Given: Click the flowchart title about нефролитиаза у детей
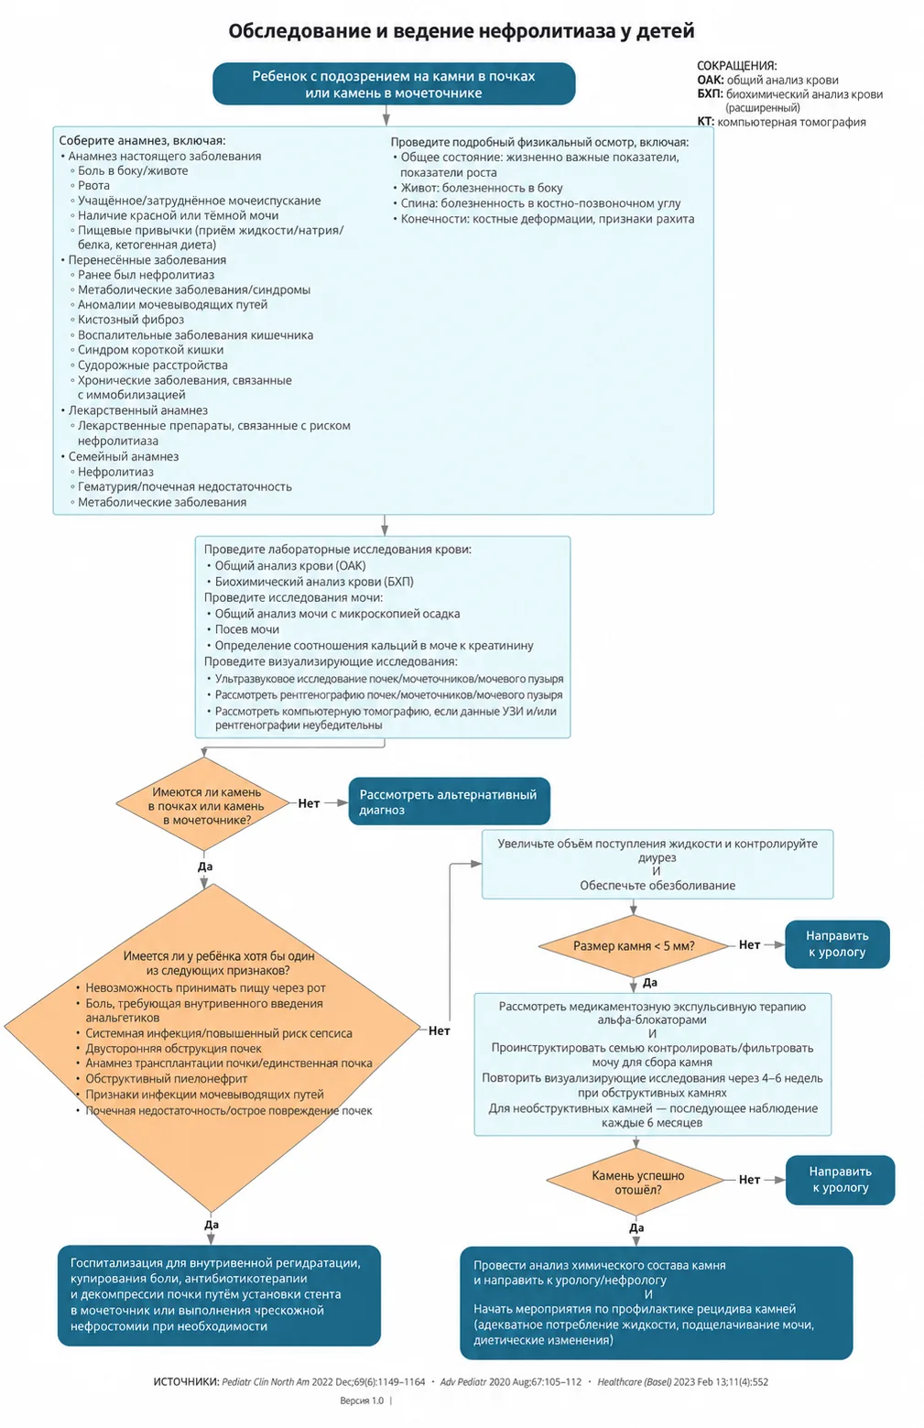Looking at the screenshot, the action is pos(462,30).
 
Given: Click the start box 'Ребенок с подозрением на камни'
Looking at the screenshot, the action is pos(394,83).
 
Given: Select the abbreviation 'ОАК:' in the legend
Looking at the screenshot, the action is pos(711,81).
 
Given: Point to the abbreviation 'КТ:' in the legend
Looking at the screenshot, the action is pos(705,122).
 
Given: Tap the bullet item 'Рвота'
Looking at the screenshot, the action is pos(93,186).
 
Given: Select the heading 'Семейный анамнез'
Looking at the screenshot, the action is pos(124,456).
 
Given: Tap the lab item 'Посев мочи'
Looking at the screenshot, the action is pos(246,629).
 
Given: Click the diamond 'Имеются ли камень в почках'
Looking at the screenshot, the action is pos(204,804).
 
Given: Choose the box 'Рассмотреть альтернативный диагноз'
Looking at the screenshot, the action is pos(450,801).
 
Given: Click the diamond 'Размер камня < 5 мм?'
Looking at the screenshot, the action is pos(634,946).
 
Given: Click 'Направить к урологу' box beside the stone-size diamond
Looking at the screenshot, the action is pos(837,944).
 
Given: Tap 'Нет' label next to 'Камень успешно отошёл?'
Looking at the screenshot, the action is pos(749,1180).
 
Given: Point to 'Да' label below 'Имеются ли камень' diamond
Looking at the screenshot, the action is pos(205,867).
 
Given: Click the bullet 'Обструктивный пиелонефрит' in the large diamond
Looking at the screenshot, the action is pos(167,1079).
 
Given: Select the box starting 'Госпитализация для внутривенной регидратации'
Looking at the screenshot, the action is pos(219,1295).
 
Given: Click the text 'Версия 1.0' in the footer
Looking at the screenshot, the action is pos(362,1401).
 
